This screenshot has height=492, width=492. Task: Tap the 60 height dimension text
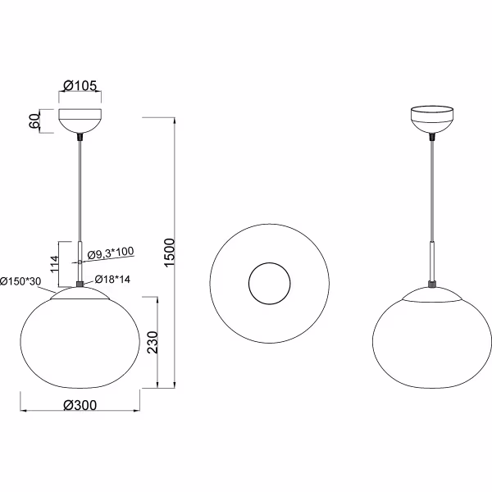point(34,121)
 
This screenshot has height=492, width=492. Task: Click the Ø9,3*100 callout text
point(110,253)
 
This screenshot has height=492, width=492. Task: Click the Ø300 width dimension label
point(80,404)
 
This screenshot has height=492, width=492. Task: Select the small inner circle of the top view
point(269,283)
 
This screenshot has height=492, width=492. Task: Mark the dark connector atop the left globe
point(80,285)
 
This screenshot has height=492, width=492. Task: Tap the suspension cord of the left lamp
point(80,189)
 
